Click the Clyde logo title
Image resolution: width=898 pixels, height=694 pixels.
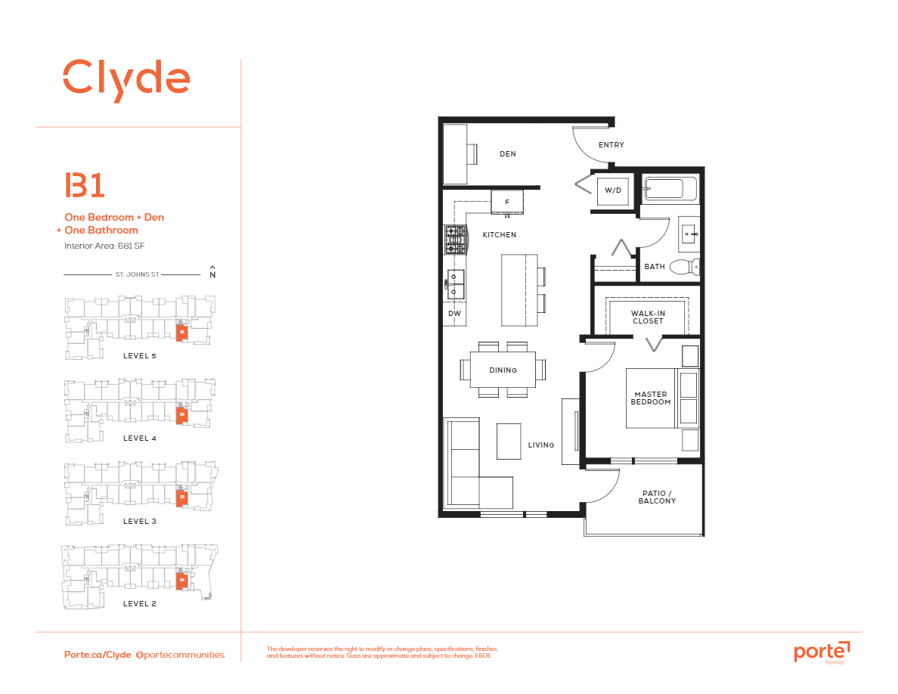[x=125, y=78]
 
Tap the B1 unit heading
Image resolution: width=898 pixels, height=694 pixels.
[x=85, y=186]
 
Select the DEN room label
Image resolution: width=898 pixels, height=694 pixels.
[x=508, y=154]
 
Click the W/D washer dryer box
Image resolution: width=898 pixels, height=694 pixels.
[x=612, y=191]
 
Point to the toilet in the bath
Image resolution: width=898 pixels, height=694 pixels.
[x=685, y=266]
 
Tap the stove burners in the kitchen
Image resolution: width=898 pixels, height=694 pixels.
[x=455, y=239]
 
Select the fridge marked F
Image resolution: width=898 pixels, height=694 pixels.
[x=507, y=202]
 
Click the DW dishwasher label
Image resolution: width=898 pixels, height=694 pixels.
[x=454, y=313]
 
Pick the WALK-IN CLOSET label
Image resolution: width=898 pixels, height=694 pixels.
[x=647, y=317]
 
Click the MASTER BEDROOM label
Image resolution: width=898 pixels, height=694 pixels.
[x=651, y=398]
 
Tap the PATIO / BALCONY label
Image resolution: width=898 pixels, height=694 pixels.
[x=657, y=497]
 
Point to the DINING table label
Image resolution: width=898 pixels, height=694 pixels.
[x=503, y=370]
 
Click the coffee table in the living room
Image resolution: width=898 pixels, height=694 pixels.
[x=509, y=441]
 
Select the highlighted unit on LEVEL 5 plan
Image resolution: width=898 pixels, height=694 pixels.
[x=181, y=333]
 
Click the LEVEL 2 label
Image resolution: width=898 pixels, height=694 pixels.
[x=140, y=604]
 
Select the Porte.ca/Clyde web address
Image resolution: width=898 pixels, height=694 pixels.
[x=98, y=655]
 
